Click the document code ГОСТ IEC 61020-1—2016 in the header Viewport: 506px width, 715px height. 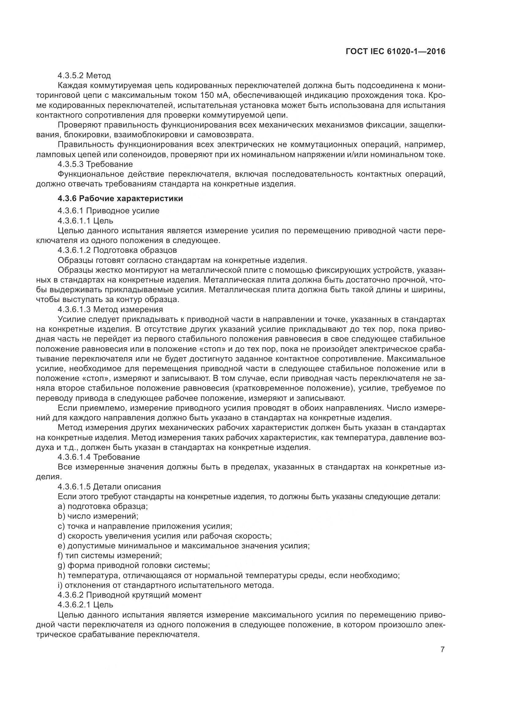[395, 52]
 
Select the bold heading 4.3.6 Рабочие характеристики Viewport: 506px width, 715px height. [120, 198]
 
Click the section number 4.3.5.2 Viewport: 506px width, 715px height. [70, 76]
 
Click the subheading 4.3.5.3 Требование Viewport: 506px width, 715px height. [95, 164]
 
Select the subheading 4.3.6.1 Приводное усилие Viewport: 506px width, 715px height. [108, 211]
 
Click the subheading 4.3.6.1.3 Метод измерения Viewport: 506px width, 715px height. [110, 309]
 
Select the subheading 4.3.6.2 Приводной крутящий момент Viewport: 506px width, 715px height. [130, 595]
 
